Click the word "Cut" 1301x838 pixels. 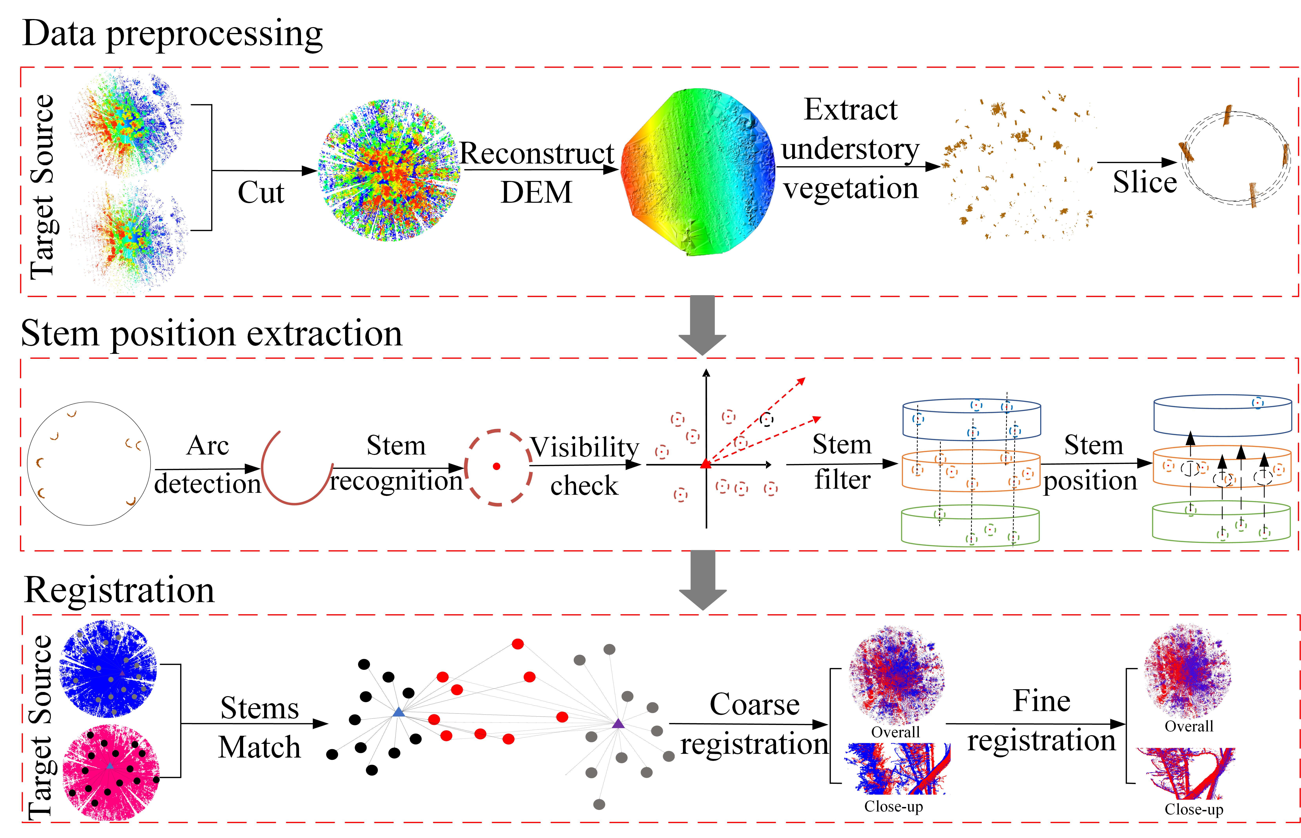[261, 193]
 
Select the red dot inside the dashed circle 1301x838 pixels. [496, 466]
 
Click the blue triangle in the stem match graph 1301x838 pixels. [398, 712]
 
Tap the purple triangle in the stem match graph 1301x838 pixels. [618, 724]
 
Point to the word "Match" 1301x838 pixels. [259, 747]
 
